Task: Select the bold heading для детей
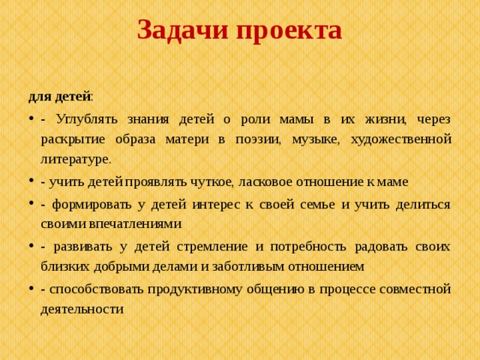pyautogui.click(x=59, y=97)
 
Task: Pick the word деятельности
pyautogui.click(x=82, y=308)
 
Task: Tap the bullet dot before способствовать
pyautogui.click(x=31, y=288)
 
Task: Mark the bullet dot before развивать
pyautogui.click(x=31, y=246)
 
